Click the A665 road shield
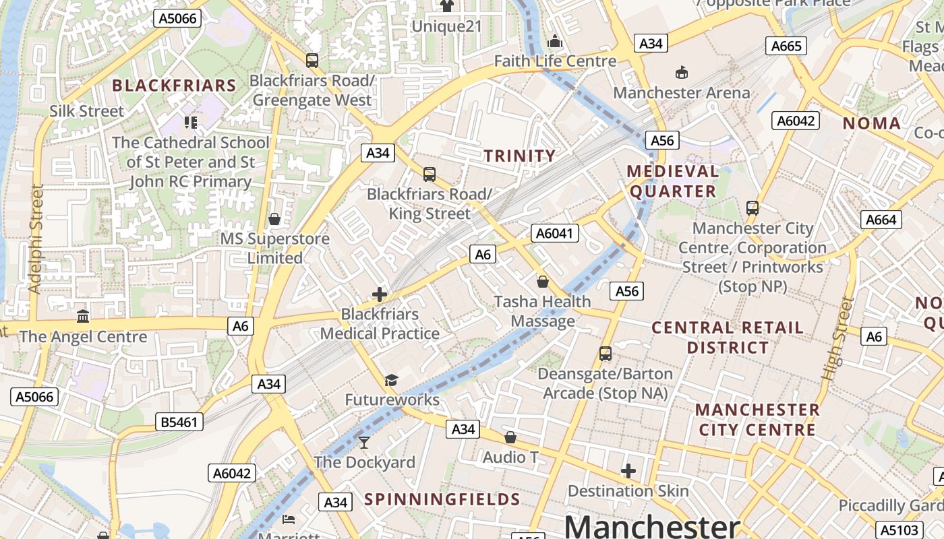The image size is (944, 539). (x=786, y=46)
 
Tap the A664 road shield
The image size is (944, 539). (x=881, y=220)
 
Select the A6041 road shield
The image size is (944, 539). (x=555, y=234)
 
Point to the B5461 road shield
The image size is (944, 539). (x=179, y=422)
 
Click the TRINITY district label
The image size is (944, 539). (x=520, y=156)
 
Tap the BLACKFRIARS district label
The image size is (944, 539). (x=174, y=86)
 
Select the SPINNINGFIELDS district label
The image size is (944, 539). (x=442, y=499)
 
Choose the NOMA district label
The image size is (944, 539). (x=872, y=123)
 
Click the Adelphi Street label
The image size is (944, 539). (x=35, y=239)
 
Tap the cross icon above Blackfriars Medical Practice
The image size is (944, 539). (x=380, y=294)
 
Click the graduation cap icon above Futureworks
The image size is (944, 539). (x=392, y=381)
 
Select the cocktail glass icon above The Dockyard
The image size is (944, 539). (x=364, y=443)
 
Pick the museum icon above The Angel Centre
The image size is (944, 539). (x=83, y=316)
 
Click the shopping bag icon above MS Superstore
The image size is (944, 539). (x=274, y=219)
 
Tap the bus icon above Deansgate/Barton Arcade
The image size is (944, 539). (x=606, y=354)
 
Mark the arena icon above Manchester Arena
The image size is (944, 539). (x=682, y=72)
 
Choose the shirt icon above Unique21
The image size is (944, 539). (x=446, y=6)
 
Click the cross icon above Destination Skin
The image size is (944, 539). (x=628, y=471)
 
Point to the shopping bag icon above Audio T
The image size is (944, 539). (x=510, y=438)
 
